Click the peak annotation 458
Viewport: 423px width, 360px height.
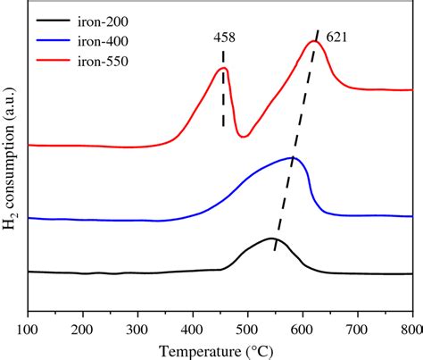click(224, 38)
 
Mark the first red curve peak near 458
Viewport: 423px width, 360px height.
click(224, 68)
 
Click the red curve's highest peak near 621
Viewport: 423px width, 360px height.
click(313, 41)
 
